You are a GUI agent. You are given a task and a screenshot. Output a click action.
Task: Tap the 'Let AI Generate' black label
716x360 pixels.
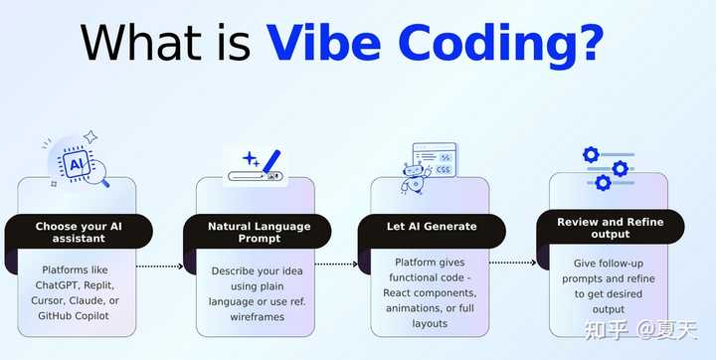431,226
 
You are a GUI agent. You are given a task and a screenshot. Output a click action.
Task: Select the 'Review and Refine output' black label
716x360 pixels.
609,228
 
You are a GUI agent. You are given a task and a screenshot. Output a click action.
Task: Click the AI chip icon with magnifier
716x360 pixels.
77,163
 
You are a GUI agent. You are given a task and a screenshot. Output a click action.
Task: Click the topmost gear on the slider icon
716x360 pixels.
591,155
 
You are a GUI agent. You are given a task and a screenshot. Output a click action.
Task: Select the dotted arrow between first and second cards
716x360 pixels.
159,267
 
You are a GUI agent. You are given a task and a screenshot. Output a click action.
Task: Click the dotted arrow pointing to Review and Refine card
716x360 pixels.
512,263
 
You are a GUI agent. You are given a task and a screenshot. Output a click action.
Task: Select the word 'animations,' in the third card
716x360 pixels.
414,308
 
